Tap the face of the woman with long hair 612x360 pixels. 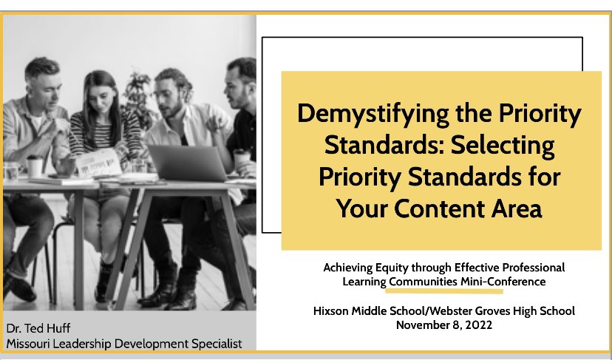(102, 91)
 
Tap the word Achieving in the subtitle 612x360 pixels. (348, 267)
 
